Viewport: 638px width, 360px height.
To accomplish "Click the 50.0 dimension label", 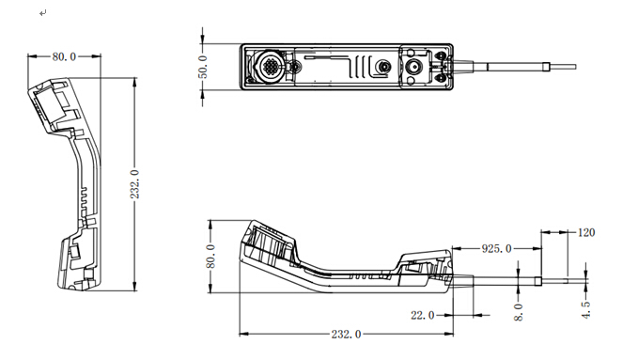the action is [204, 67].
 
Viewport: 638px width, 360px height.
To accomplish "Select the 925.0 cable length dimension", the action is [496, 248].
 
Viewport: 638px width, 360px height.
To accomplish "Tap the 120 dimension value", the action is [586, 232].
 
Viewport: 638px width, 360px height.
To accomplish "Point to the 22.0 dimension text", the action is [422, 315].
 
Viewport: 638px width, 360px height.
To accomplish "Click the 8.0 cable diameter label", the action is [519, 312].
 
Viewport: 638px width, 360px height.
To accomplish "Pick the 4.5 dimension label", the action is [585, 310].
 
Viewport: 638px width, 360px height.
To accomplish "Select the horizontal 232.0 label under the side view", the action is [346, 335].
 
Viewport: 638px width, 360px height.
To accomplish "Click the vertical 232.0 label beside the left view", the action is [134, 184].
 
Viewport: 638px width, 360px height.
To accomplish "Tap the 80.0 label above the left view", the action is [64, 56].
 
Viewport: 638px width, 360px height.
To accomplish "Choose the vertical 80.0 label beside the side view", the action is [210, 257].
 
